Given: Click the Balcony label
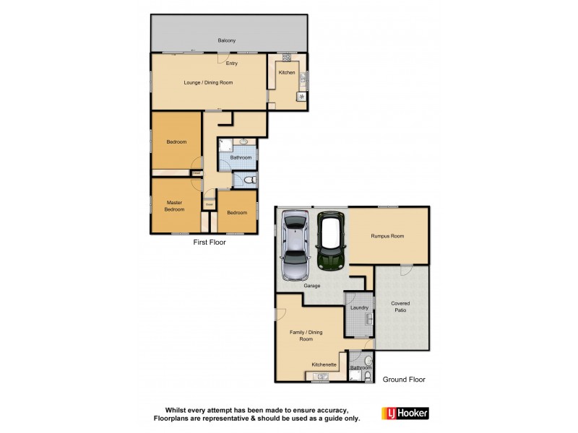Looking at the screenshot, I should tap(227, 40).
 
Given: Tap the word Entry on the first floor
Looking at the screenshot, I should tap(231, 64).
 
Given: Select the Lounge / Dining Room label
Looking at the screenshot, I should tap(208, 82).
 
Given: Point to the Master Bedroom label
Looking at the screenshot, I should tap(175, 206).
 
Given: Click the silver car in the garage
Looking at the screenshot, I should tap(296, 246).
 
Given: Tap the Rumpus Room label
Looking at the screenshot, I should tap(387, 236).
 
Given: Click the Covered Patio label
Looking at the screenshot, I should tap(402, 307).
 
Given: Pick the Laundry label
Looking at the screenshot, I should tap(359, 308).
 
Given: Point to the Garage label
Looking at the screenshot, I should tap(311, 286).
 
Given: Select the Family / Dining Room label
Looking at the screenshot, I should tap(306, 335).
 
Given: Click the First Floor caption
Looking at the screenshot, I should tap(209, 242).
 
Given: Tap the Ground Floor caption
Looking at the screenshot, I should tap(404, 379).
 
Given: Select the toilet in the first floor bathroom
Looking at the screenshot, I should tap(249, 180).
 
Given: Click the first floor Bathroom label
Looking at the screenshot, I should tap(241, 157).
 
